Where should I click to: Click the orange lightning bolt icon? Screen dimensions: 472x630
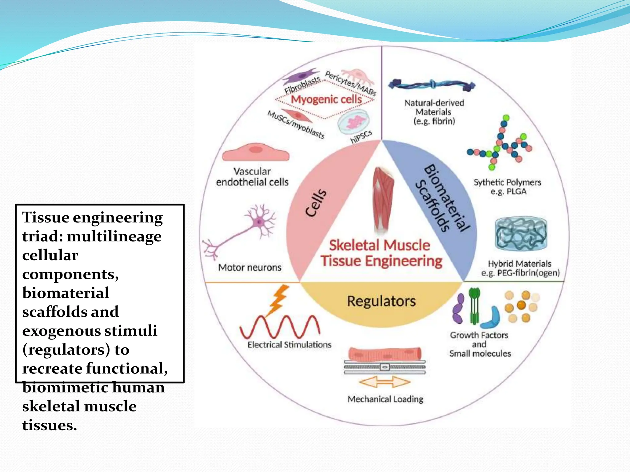point(279,300)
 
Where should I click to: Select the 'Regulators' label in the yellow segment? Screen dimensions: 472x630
point(381,301)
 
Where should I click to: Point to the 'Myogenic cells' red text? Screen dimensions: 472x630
point(326,99)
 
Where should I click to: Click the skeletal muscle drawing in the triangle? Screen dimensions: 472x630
point(383,200)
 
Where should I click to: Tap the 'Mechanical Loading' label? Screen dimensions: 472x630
point(385,399)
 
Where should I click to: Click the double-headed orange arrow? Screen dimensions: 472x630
point(385,382)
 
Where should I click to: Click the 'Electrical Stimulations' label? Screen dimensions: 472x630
point(289,344)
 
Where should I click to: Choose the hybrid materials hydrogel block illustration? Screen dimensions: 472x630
point(521,234)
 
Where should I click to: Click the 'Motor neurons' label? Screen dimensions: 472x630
point(250,267)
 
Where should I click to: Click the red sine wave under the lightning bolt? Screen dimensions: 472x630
point(280,327)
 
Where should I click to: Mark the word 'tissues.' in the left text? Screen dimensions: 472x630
point(50,425)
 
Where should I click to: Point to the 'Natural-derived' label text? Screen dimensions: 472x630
point(434,103)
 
